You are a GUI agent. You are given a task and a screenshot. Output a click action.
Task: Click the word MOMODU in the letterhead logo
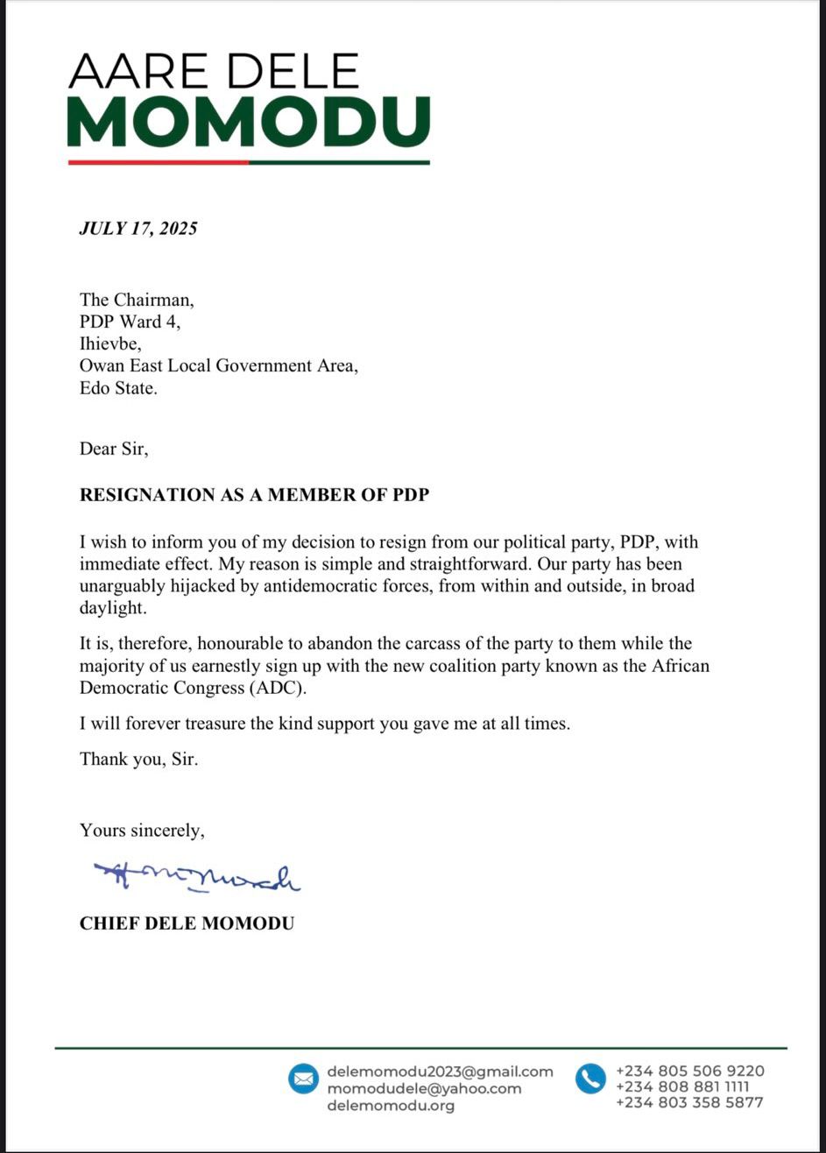[x=248, y=122]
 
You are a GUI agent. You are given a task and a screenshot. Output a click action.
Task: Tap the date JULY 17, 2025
[x=138, y=229]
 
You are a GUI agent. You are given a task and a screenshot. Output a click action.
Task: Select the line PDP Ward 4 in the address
[x=130, y=322]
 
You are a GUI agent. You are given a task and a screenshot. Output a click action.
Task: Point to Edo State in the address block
[x=118, y=388]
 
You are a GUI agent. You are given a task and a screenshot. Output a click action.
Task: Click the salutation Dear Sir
[x=114, y=449]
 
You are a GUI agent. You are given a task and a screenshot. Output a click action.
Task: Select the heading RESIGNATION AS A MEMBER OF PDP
[x=254, y=495]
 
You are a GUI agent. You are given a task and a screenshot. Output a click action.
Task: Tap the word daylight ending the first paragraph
[x=114, y=607]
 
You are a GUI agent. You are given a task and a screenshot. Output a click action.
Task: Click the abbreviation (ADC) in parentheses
[x=279, y=688]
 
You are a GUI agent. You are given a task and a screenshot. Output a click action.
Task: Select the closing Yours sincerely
[x=142, y=830]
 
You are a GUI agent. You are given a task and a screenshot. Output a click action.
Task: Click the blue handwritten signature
[x=197, y=876]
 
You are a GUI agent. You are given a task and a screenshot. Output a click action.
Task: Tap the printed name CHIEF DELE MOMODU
[x=187, y=923]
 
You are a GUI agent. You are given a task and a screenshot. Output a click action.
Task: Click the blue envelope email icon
[x=303, y=1079]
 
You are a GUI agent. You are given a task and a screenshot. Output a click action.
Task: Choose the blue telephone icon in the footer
[x=590, y=1079]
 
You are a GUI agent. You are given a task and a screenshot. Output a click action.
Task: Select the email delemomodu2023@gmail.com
[x=440, y=1071]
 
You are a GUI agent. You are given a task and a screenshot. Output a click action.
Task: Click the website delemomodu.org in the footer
[x=391, y=1106]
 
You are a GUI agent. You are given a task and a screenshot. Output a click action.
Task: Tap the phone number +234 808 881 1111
[x=682, y=1087]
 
